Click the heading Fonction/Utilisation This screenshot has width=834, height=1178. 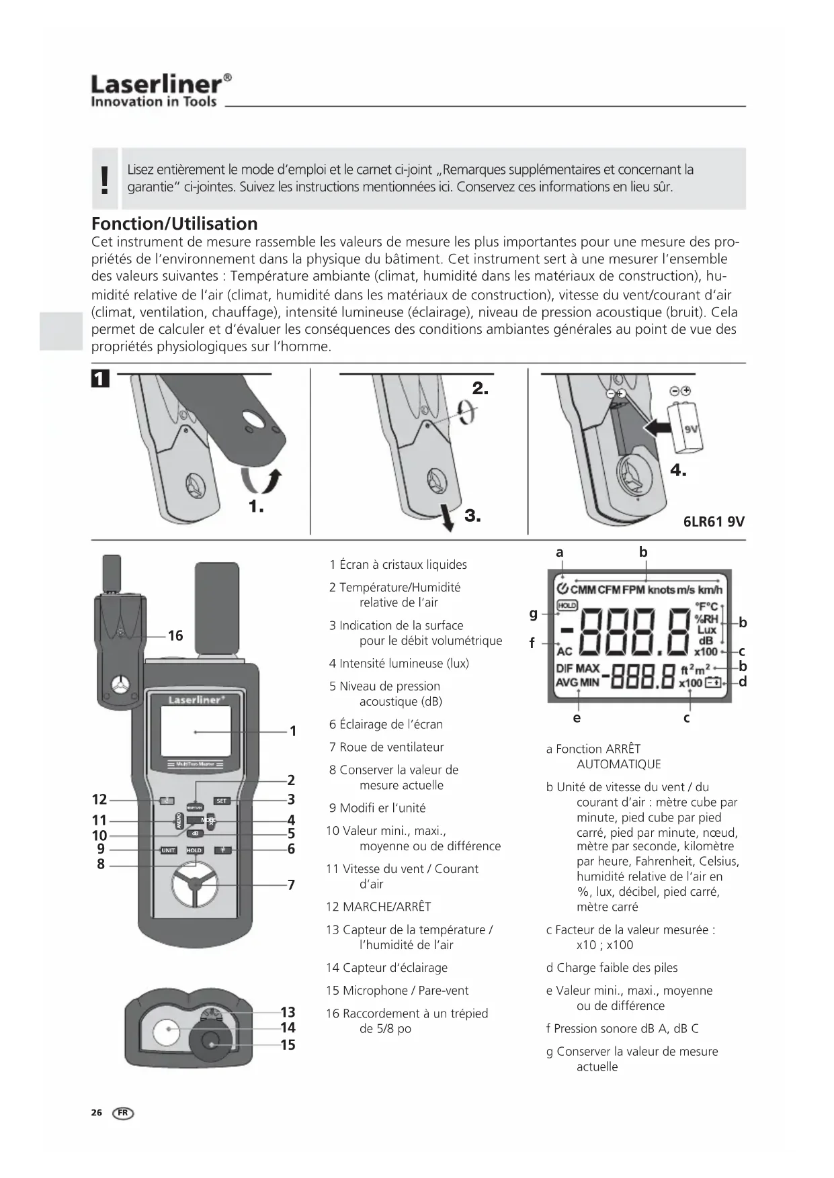click(x=174, y=224)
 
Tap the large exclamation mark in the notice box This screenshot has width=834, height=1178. click(x=104, y=179)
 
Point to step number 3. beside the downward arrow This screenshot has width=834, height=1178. click(x=472, y=516)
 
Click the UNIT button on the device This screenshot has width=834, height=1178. click(x=168, y=850)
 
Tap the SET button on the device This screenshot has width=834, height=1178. click(x=221, y=801)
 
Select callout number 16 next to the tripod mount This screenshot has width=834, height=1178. click(x=175, y=635)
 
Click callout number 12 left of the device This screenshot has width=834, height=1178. click(x=99, y=799)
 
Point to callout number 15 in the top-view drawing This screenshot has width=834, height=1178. click(x=288, y=1044)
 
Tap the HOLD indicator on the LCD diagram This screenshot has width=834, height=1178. click(x=567, y=605)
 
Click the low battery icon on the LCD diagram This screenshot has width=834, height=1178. click(x=712, y=683)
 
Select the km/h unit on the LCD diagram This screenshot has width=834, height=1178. click(x=710, y=590)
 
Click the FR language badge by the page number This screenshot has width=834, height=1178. click(x=124, y=1113)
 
